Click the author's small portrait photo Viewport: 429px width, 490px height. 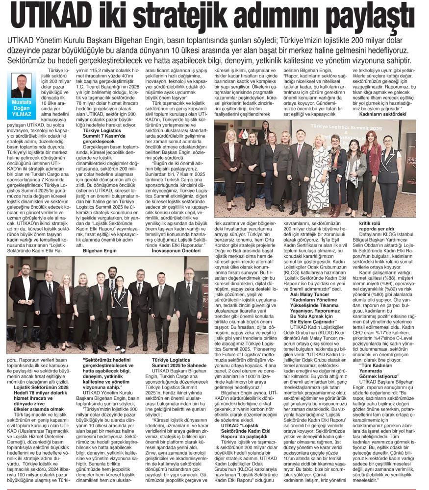click(21, 86)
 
